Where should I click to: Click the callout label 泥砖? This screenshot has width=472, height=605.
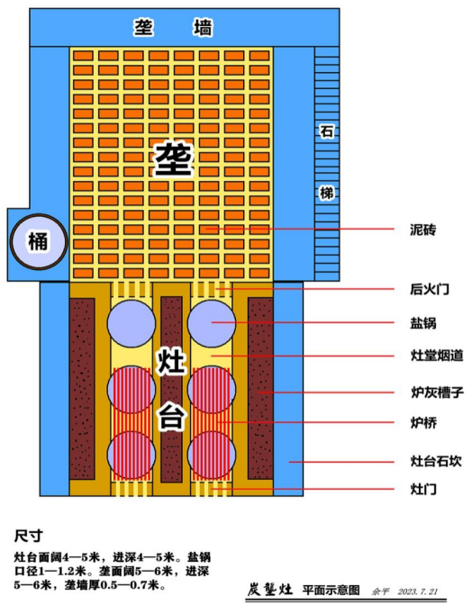[423, 230]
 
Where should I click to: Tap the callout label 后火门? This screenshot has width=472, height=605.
[429, 289]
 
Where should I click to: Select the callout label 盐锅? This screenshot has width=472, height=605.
[423, 322]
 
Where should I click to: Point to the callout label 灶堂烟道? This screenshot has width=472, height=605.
[437, 356]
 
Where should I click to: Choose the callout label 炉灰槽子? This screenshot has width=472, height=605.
[437, 393]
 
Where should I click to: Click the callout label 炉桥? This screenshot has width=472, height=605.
[423, 423]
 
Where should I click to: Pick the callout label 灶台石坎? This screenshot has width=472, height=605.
[436, 461]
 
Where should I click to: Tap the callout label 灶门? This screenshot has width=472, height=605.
[423, 489]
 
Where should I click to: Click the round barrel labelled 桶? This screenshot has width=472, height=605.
[38, 242]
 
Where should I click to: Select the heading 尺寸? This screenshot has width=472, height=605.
[28, 536]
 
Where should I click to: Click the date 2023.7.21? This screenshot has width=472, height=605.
[417, 591]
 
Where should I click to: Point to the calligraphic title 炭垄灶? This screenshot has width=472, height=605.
[269, 590]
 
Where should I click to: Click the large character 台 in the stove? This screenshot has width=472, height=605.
[171, 417]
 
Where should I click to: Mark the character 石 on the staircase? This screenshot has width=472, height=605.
[326, 131]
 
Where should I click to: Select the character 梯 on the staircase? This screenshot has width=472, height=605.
[326, 193]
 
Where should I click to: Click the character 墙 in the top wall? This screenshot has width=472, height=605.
[203, 27]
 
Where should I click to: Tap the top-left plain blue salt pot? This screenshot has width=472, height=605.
[132, 324]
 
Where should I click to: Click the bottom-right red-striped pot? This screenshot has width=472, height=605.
[212, 456]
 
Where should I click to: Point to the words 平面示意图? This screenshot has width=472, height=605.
[331, 590]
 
